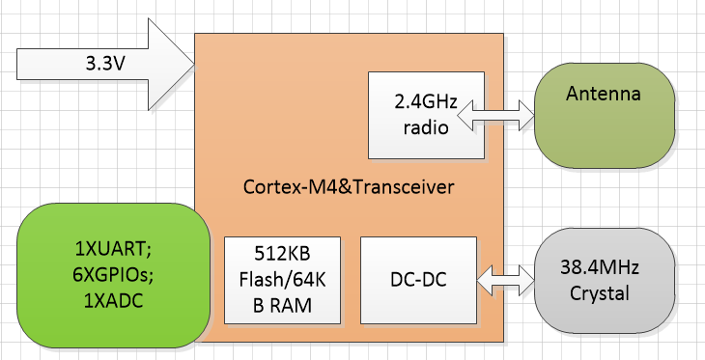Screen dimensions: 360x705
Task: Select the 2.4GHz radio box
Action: (426, 114)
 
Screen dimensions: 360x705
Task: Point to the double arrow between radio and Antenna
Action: (508, 114)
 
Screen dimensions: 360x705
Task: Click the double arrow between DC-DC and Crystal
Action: (508, 280)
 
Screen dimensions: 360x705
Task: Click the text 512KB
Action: (283, 257)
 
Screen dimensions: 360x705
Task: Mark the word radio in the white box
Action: (426, 126)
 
